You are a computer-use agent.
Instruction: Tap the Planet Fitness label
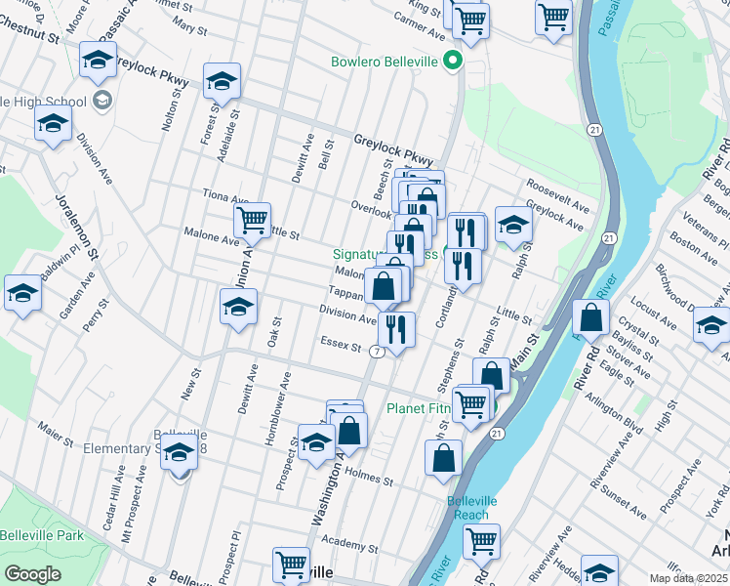(x=426, y=408)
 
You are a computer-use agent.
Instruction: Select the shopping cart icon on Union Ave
(x=253, y=221)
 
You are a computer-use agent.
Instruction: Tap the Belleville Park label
(x=41, y=535)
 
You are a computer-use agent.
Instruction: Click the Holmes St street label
(x=369, y=479)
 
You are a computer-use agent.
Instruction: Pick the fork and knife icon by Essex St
(x=396, y=329)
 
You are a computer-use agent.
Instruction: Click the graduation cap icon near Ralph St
(x=513, y=225)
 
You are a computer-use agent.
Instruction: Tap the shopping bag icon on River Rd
(x=591, y=318)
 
